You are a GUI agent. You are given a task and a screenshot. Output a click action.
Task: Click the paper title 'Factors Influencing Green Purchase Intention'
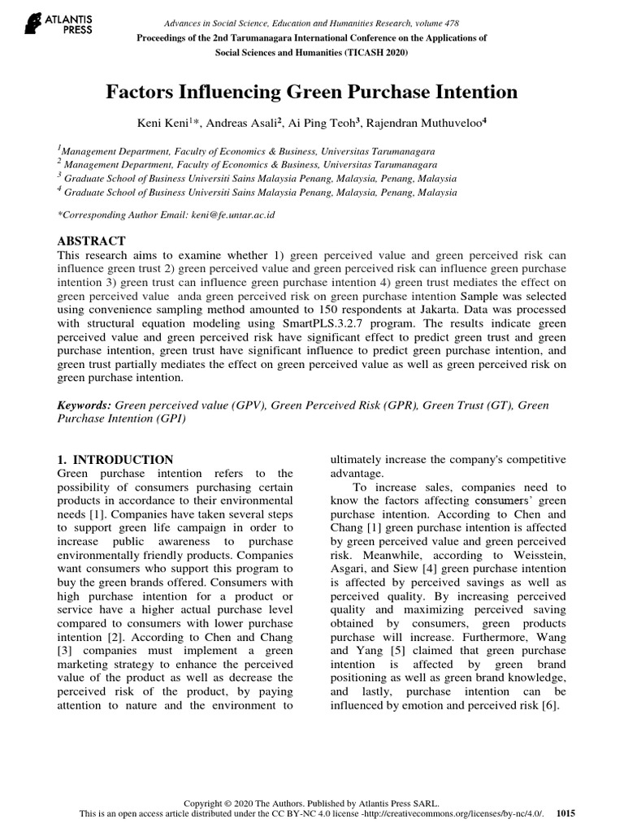(312, 92)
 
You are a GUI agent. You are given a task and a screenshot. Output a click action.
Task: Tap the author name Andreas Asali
(241, 123)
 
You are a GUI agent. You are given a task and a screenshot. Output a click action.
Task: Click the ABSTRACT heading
(91, 241)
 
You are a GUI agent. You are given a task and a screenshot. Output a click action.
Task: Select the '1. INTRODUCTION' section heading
(115, 459)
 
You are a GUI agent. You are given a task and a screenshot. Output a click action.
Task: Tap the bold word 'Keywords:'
(84, 405)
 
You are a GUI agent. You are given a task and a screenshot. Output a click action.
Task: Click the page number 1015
(566, 813)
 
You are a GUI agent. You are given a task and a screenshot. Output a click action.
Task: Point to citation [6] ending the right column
(549, 705)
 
